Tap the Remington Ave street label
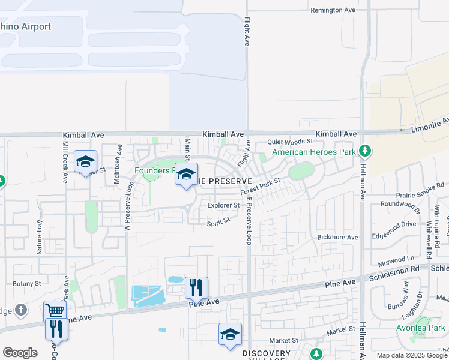[x=333, y=10]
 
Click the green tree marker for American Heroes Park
[x=364, y=150]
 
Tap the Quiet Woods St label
[x=291, y=142]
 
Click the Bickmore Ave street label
[x=337, y=238]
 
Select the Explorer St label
[x=223, y=205]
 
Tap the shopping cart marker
[x=55, y=310]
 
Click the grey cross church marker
[x=21, y=310]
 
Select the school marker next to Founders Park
[x=186, y=174]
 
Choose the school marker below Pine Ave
[x=230, y=334]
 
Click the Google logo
[x=20, y=353]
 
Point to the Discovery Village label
[x=266, y=353]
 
